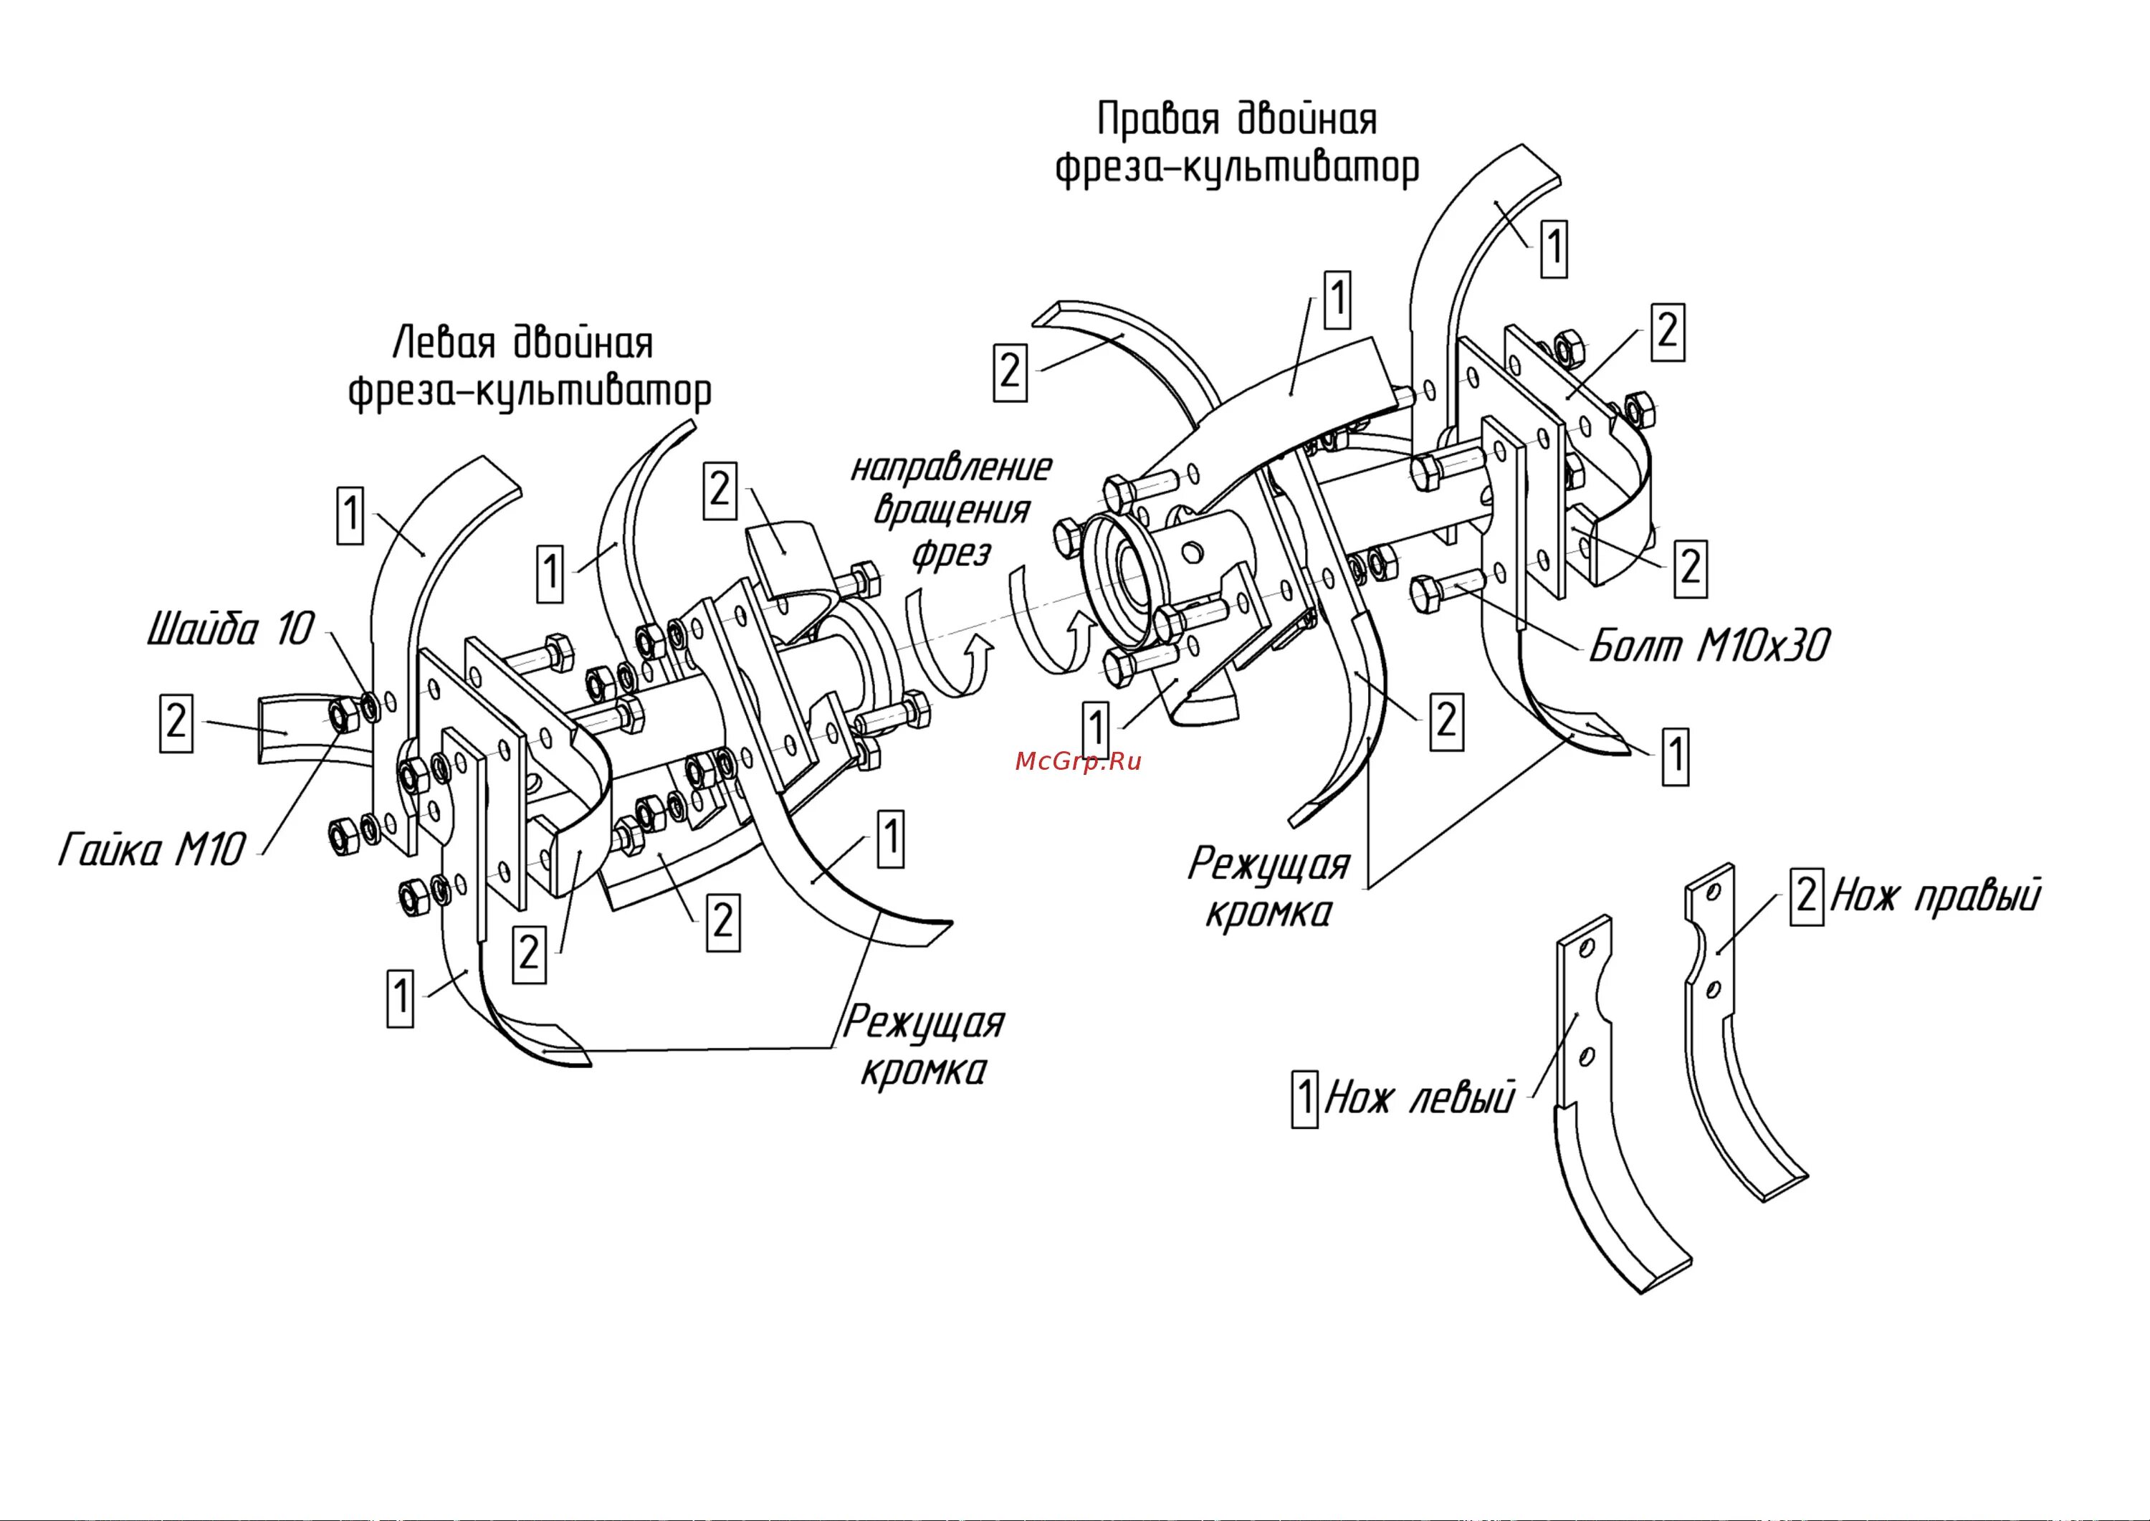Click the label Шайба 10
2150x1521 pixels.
pyautogui.click(x=230, y=630)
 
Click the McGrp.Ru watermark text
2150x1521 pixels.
pyautogui.click(x=1078, y=761)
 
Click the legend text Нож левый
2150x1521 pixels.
pyautogui.click(x=1419, y=1097)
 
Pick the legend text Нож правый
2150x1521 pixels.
pyautogui.click(x=1934, y=896)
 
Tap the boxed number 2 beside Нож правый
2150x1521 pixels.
pyautogui.click(x=1806, y=896)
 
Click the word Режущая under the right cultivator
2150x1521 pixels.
pyautogui.click(x=1268, y=864)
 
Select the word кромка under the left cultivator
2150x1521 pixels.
pyautogui.click(x=922, y=1071)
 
